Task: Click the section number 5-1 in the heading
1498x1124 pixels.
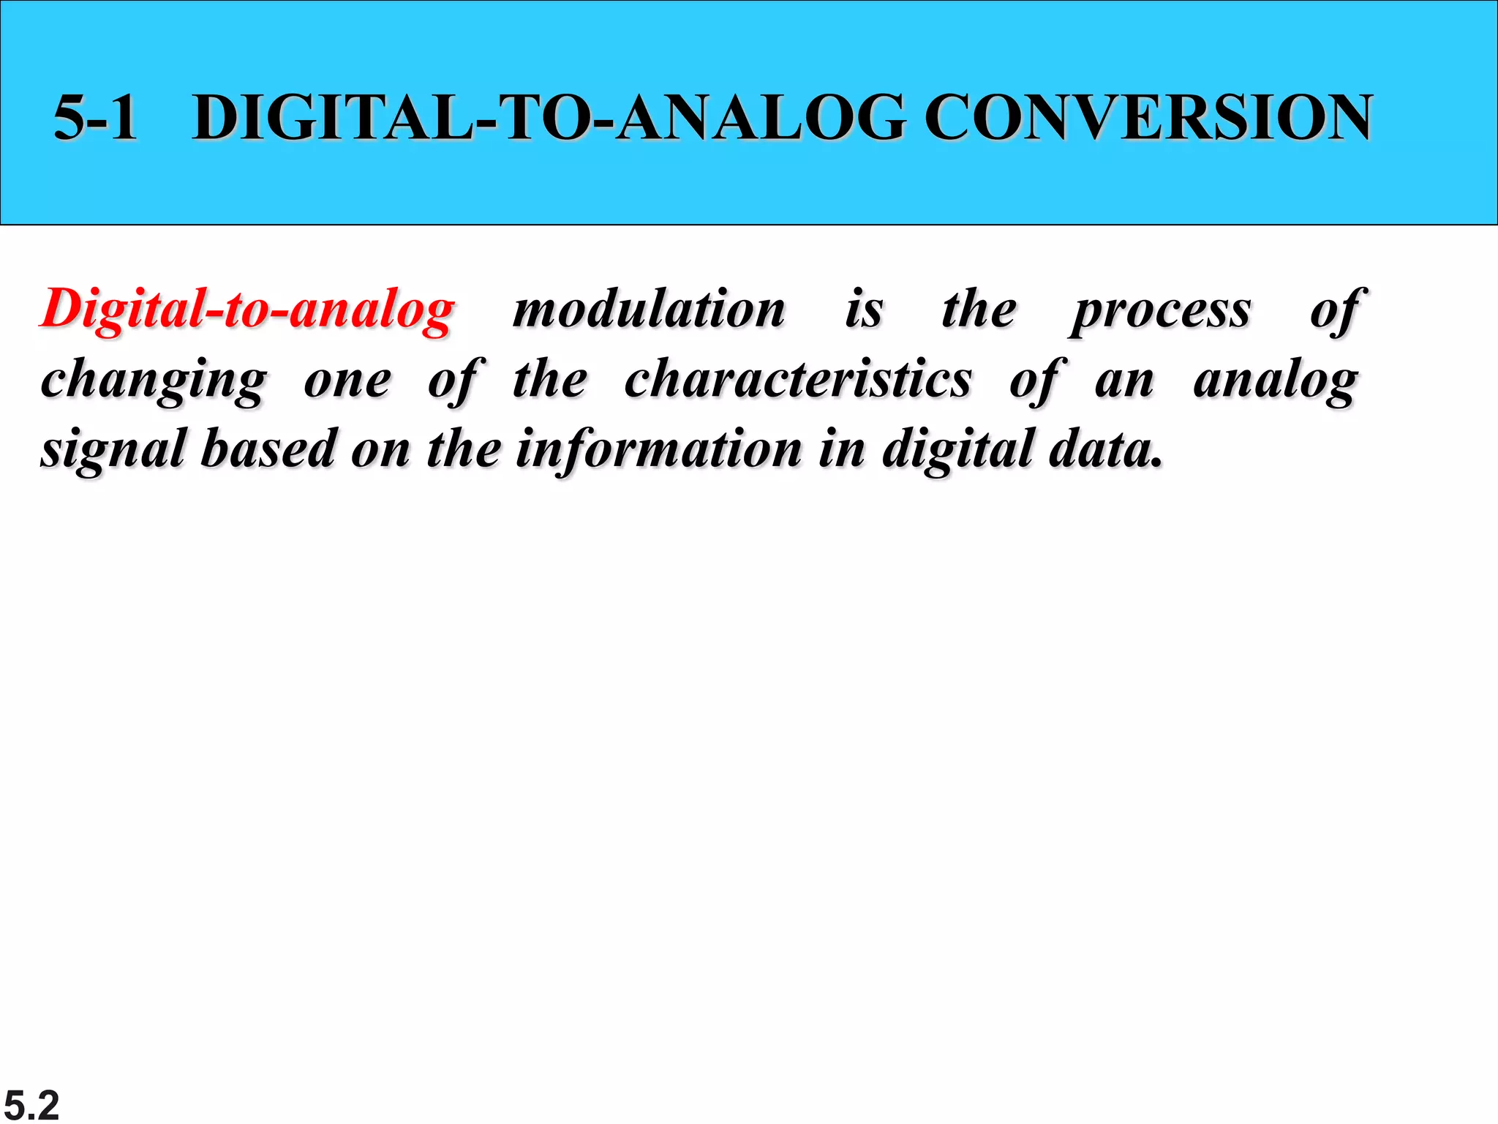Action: coord(96,118)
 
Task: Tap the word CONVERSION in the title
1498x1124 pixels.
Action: coord(1148,118)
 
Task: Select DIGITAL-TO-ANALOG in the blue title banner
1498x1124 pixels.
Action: coord(549,118)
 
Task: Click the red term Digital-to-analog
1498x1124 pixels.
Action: coord(247,310)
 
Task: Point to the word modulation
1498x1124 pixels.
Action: coord(649,310)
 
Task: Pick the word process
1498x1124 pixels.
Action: coord(1162,311)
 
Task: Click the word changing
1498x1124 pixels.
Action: coord(154,381)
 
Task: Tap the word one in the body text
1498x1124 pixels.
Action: coord(347,381)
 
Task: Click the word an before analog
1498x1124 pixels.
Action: coord(1124,381)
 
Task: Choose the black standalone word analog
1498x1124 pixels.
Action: coord(1276,381)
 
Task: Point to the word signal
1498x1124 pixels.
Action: coord(113,449)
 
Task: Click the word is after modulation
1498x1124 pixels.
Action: coord(864,310)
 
